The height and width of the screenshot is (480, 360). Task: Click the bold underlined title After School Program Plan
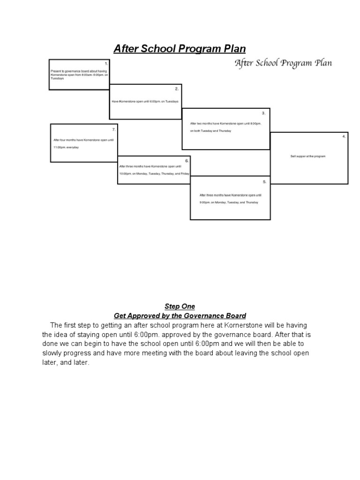coord(180,49)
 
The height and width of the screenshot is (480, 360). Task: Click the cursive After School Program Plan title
coord(283,63)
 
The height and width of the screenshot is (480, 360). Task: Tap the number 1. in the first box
coord(106,63)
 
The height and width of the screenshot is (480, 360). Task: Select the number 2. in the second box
coord(177,89)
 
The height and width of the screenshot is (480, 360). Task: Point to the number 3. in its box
coord(263,113)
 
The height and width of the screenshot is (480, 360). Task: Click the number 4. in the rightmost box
coord(344,136)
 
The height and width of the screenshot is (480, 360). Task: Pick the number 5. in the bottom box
coord(264,181)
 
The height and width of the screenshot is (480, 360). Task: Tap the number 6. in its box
coord(187,160)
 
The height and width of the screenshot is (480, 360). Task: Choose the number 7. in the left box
coord(113,129)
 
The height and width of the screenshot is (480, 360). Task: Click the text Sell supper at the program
coord(307,156)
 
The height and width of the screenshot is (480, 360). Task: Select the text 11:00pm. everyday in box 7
coord(66,148)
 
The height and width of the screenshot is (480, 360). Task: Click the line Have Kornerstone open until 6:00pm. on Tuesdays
coord(145,102)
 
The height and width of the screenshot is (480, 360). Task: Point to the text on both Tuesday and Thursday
coord(210,131)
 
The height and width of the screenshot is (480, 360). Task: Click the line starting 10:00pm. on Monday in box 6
coord(154,173)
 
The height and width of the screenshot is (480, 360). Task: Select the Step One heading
coord(180,307)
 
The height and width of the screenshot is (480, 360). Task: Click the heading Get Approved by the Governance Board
coord(180,316)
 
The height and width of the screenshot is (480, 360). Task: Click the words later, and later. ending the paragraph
coord(66,363)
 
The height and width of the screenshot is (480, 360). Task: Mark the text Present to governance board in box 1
coord(70,71)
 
